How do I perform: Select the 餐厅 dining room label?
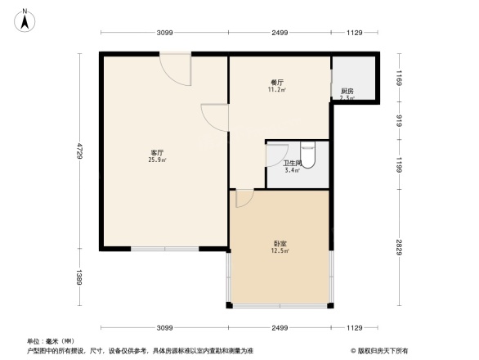pyautogui.click(x=276, y=83)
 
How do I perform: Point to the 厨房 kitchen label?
pyautogui.click(x=347, y=91)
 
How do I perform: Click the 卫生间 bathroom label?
pyautogui.click(x=292, y=163)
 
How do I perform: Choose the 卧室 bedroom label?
pyautogui.click(x=279, y=243)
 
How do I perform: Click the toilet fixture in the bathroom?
pyautogui.click(x=308, y=153)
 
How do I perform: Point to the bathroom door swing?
pyautogui.click(x=277, y=155)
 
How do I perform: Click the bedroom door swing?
pyautogui.click(x=244, y=198)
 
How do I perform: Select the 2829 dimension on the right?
pyautogui.click(x=400, y=248)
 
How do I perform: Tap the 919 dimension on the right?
pyautogui.click(x=400, y=121)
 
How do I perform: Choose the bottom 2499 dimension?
pyautogui.click(x=280, y=327)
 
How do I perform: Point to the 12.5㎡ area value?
pyautogui.click(x=279, y=251)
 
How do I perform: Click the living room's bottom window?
pyautogui.click(x=164, y=248)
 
